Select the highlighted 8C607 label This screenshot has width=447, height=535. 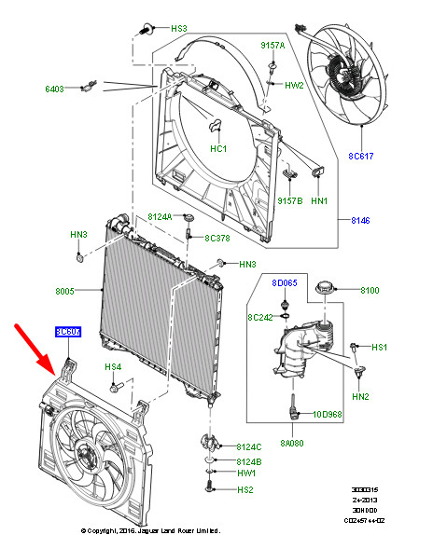click(x=67, y=331)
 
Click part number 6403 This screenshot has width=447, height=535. click(x=54, y=89)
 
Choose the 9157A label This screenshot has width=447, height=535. click(x=272, y=46)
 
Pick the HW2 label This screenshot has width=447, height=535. click(x=294, y=85)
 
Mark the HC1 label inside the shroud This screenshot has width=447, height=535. click(x=217, y=148)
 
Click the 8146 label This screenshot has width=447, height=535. click(x=361, y=220)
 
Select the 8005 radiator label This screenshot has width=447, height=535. click(x=64, y=292)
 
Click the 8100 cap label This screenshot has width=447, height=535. click(x=370, y=291)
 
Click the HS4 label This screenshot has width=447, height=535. click(x=113, y=366)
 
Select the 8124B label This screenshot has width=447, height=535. click(x=248, y=461)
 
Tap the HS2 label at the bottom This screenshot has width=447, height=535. click(x=245, y=490)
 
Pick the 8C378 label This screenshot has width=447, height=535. click(x=217, y=238)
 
